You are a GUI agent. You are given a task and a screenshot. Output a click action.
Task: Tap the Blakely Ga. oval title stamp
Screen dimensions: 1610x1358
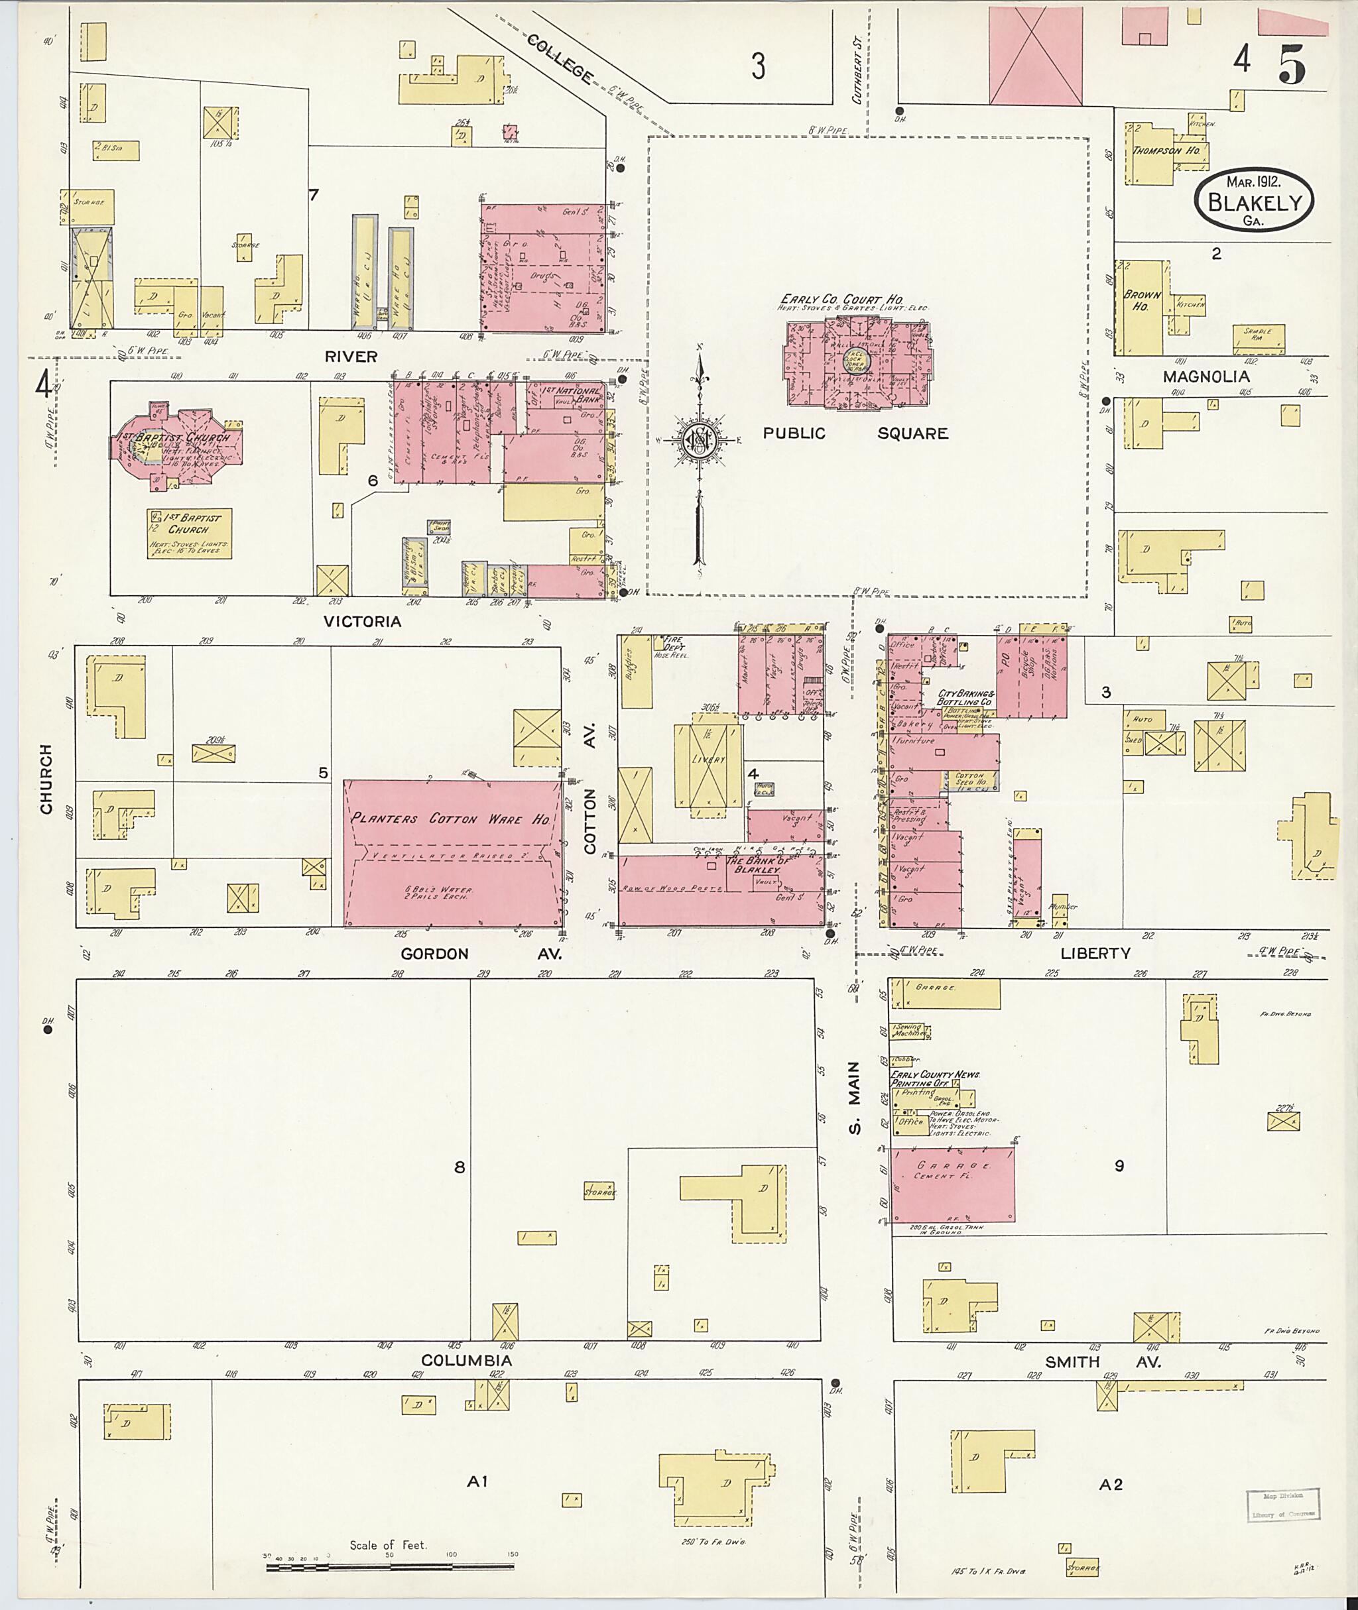click(1254, 200)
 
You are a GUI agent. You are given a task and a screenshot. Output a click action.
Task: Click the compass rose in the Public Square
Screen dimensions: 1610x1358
click(698, 439)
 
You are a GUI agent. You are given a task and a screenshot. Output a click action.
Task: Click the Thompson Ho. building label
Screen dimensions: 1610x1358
click(1166, 151)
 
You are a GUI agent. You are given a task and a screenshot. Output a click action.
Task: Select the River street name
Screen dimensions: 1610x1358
click(351, 357)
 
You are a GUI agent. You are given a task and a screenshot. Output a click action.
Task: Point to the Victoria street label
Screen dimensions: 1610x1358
click(362, 621)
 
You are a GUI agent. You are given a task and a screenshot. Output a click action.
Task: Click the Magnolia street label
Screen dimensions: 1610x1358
click(1205, 376)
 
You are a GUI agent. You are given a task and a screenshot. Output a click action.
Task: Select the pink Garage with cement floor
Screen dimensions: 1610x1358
click(952, 1184)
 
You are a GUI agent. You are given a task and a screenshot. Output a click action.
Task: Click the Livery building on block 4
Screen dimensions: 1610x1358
click(708, 760)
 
